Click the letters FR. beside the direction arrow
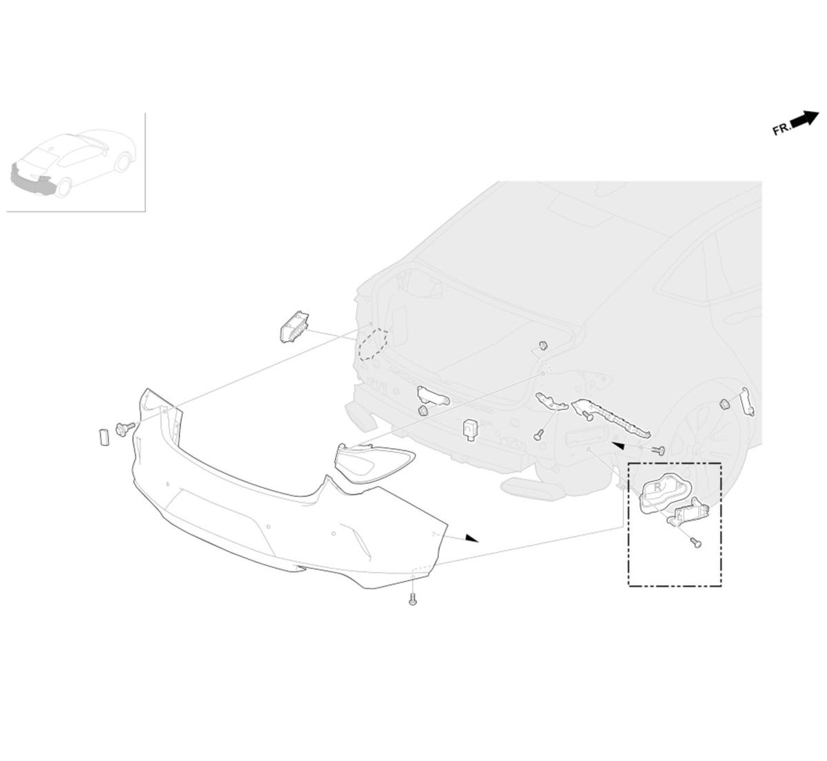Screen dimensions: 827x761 [782, 130]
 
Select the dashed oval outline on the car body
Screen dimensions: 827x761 [373, 345]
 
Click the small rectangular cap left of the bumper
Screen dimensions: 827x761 [103, 437]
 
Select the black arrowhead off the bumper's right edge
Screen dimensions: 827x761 [472, 538]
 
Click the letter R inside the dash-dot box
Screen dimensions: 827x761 [657, 487]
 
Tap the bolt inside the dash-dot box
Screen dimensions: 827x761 [696, 542]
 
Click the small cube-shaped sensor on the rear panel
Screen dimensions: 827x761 [471, 429]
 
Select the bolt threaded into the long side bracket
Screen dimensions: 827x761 [589, 417]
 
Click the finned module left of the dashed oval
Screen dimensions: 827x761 [295, 327]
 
